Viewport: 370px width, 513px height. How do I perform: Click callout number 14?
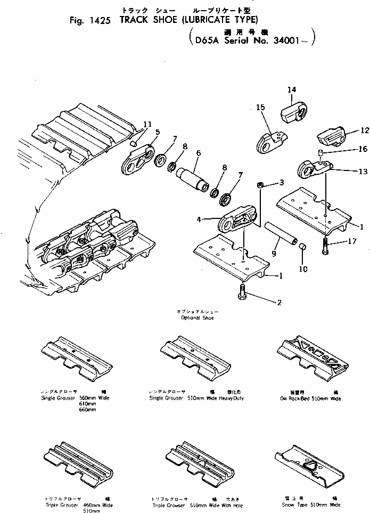291,89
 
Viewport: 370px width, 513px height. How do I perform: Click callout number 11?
147,125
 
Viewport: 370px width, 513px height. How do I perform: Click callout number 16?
362,150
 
